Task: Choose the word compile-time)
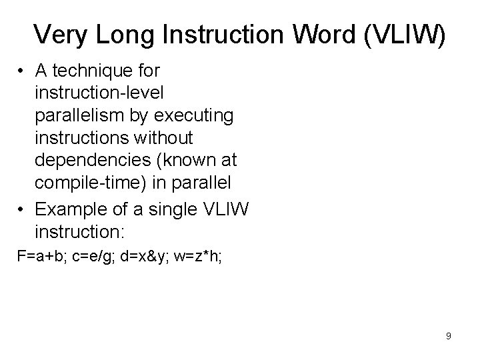click(x=95, y=183)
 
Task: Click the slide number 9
click(x=449, y=336)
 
